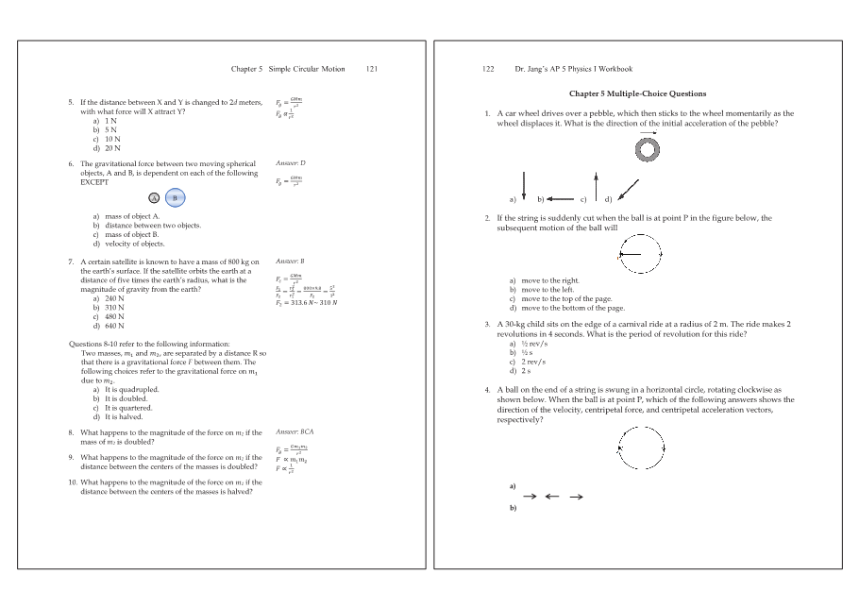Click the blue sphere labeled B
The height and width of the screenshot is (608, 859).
pyautogui.click(x=175, y=198)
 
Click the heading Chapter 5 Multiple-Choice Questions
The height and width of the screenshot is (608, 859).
pyautogui.click(x=637, y=93)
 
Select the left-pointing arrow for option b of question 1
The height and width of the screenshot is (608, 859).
pyautogui.click(x=560, y=198)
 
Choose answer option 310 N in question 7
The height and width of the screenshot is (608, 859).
pyautogui.click(x=114, y=307)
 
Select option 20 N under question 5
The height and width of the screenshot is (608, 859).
pyautogui.click(x=113, y=148)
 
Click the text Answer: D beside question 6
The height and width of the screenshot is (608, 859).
pyautogui.click(x=290, y=163)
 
